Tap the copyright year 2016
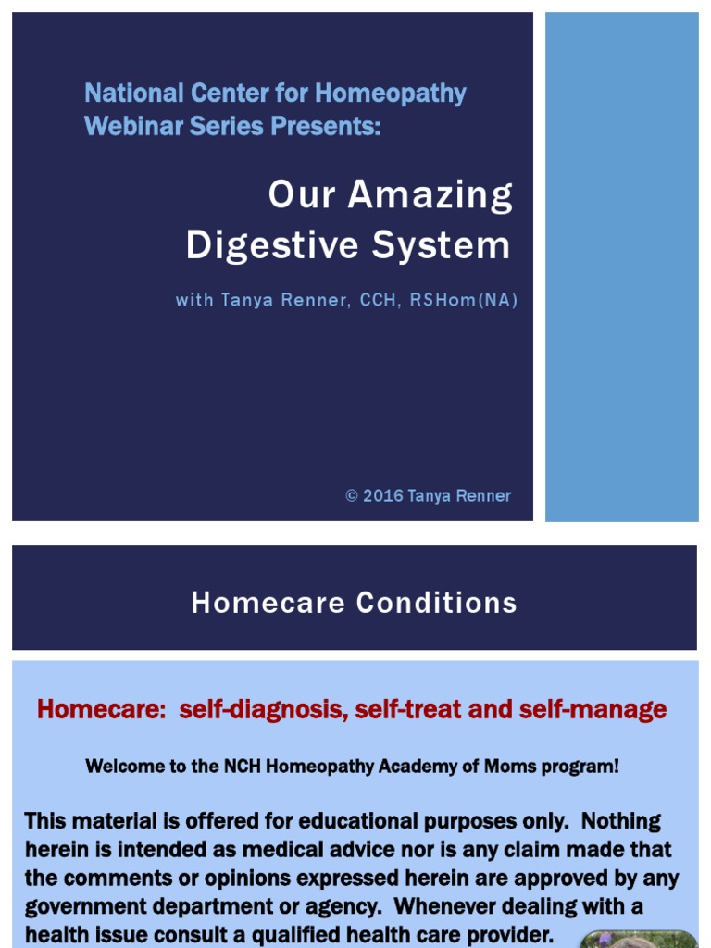(383, 496)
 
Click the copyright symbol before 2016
(352, 496)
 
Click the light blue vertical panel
(621, 267)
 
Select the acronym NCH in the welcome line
(241, 767)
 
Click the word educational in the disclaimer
(343, 821)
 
